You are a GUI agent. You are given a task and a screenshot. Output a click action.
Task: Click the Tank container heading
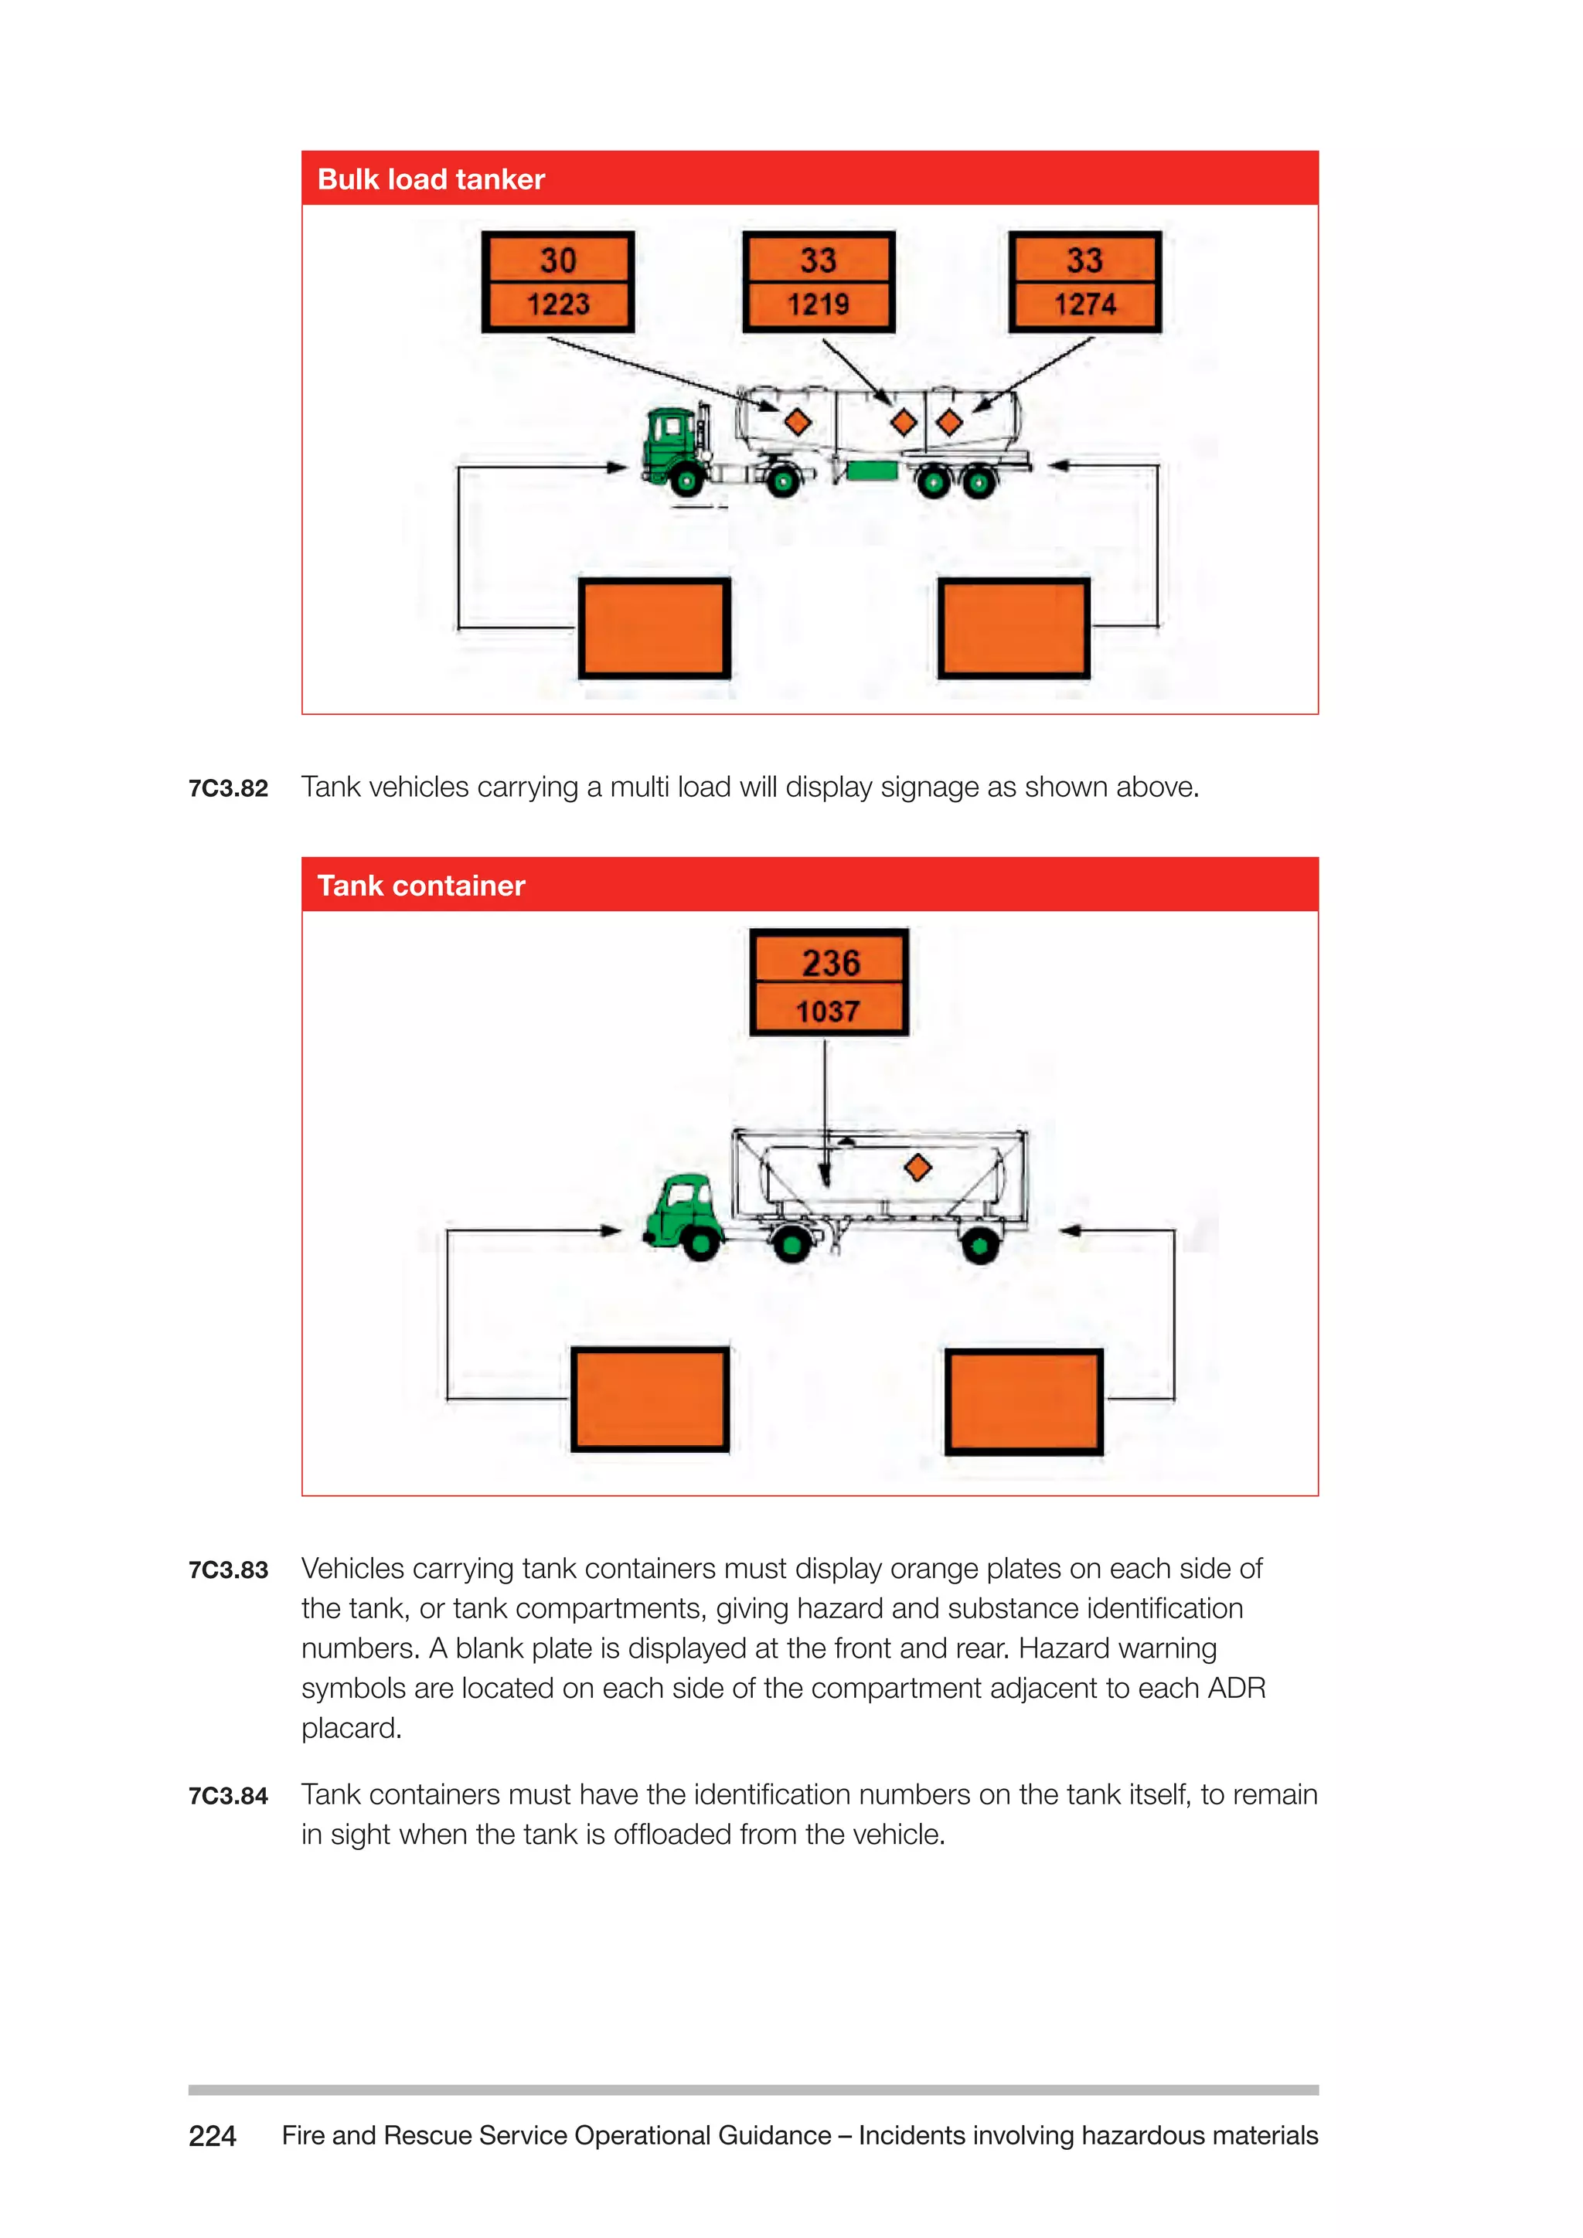tap(421, 886)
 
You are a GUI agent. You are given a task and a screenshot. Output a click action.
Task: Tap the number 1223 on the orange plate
tap(559, 305)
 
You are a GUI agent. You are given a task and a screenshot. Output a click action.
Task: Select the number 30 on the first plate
tap(559, 260)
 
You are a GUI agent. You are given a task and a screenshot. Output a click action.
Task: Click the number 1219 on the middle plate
tap(819, 305)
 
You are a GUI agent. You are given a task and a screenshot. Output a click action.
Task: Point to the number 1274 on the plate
tap(1085, 305)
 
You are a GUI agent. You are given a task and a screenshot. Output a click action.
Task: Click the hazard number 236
tap(830, 963)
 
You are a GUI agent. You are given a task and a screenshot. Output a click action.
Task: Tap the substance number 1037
tap(829, 1012)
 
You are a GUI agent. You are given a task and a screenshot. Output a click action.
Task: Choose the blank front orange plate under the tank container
tap(650, 1400)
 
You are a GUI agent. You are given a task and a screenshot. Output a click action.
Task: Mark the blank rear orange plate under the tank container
tap(1023, 1402)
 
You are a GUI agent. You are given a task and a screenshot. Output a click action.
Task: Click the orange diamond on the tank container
tap(917, 1167)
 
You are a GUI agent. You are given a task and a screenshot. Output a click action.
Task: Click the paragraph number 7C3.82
tap(228, 788)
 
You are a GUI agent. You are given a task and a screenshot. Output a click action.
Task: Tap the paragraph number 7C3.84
tap(228, 1795)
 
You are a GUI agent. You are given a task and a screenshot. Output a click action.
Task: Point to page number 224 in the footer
tap(213, 2136)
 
